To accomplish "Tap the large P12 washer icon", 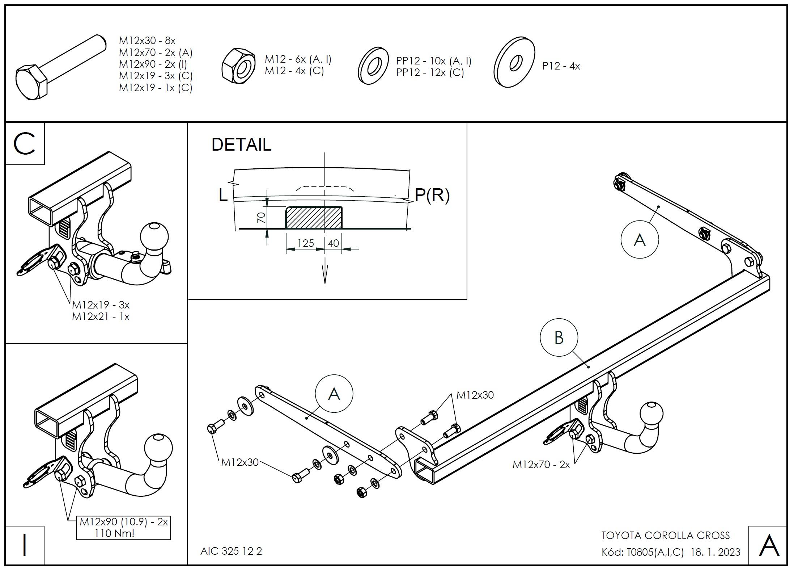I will tap(514, 62).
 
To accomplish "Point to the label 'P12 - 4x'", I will tap(561, 66).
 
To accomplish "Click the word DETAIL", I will tap(241, 144).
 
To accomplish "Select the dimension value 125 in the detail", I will tap(306, 243).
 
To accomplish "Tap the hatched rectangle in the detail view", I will tap(314, 218).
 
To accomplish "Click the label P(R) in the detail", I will tap(432, 195).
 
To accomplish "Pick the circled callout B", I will tap(559, 337).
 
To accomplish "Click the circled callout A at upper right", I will tap(640, 240).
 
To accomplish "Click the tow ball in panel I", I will tap(158, 448).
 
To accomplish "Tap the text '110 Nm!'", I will tap(114, 533).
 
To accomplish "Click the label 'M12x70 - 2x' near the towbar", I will tap(541, 465).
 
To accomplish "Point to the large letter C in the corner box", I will tap(24, 144).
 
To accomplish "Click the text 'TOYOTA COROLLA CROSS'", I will tap(666, 536).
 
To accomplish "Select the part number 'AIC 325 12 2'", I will tap(231, 551).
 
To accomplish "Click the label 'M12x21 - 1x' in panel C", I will tap(101, 316).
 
